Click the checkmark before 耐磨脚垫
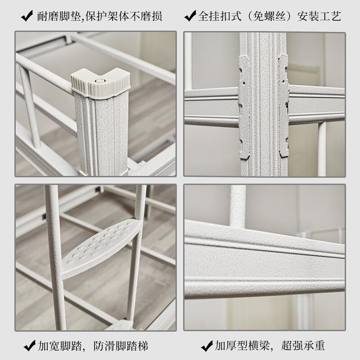(x=27, y=16)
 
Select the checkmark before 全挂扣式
(x=190, y=16)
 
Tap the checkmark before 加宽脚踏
(x=30, y=346)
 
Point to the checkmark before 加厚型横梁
(x=207, y=346)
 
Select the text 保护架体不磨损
(x=124, y=16)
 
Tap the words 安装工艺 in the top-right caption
(x=319, y=16)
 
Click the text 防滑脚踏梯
(x=121, y=346)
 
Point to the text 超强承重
(x=303, y=346)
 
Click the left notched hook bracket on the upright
(x=244, y=107)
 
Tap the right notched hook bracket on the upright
(x=283, y=106)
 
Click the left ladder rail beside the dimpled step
(x=54, y=257)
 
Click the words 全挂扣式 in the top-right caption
(x=220, y=16)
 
